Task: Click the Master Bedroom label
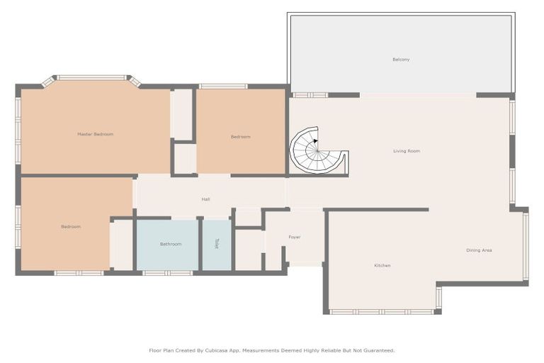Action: [95, 134]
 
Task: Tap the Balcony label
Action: [401, 60]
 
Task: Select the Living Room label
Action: [407, 151]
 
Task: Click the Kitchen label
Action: [382, 265]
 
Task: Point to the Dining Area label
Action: [479, 250]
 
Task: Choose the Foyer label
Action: [295, 237]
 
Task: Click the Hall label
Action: [205, 199]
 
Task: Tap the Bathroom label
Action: [171, 244]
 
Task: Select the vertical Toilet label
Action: [217, 244]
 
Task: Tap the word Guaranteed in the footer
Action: [375, 350]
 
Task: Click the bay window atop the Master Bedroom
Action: [91, 77]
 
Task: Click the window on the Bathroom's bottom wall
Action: [167, 272]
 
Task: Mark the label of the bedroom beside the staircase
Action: [241, 137]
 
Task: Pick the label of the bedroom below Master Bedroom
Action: [71, 227]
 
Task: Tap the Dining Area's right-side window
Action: [525, 245]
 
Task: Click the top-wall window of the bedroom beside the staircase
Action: [223, 86]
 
